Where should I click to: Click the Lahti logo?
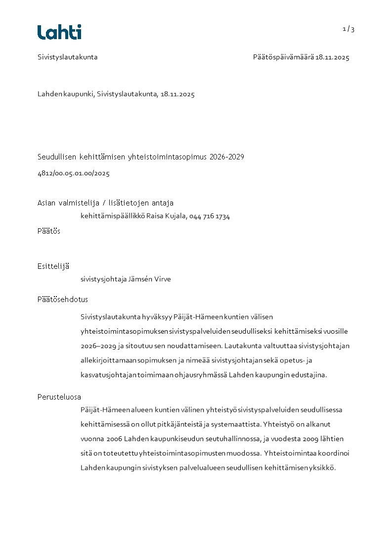pyautogui.click(x=59, y=32)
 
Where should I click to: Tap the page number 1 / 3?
pyautogui.click(x=348, y=29)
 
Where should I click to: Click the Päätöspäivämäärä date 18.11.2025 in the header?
pyautogui.click(x=333, y=57)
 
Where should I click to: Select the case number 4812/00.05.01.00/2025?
pyautogui.click(x=74, y=173)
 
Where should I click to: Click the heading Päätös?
pyautogui.click(x=49, y=231)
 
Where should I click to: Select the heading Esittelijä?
pyautogui.click(x=53, y=266)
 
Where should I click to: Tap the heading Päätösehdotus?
pyautogui.click(x=63, y=300)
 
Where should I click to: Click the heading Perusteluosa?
pyautogui.click(x=59, y=397)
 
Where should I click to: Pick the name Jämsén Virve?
pyautogui.click(x=150, y=279)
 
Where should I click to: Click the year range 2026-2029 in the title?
pyautogui.click(x=227, y=157)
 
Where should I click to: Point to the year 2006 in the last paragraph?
pyautogui.click(x=114, y=439)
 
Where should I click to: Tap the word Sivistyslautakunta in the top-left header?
pyautogui.click(x=68, y=57)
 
